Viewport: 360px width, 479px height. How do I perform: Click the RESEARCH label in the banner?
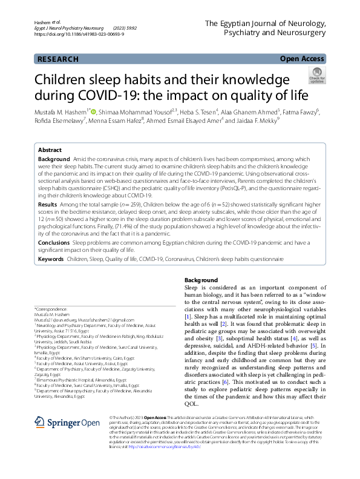tap(58, 59)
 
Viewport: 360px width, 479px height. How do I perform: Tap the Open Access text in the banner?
tap(303, 59)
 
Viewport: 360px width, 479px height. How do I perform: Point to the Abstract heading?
tap(50, 150)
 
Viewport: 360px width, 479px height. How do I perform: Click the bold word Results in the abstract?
tap(48, 205)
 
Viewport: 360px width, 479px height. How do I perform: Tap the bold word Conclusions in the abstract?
tap(53, 242)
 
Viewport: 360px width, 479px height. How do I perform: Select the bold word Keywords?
tap(51, 259)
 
